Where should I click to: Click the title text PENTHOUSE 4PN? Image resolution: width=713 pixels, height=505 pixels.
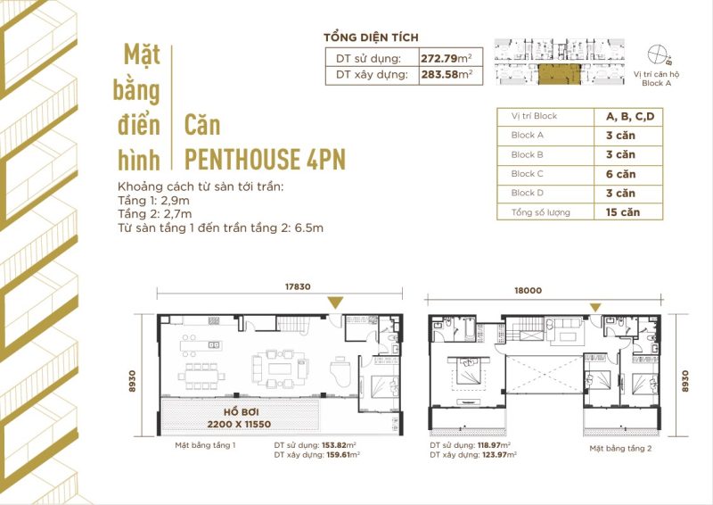[x=264, y=159]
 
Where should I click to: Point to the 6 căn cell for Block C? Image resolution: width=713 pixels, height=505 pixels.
[x=615, y=173]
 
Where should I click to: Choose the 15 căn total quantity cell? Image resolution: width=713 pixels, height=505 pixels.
[x=615, y=212]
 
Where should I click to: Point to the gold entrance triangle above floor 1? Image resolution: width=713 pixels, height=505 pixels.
[x=333, y=303]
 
